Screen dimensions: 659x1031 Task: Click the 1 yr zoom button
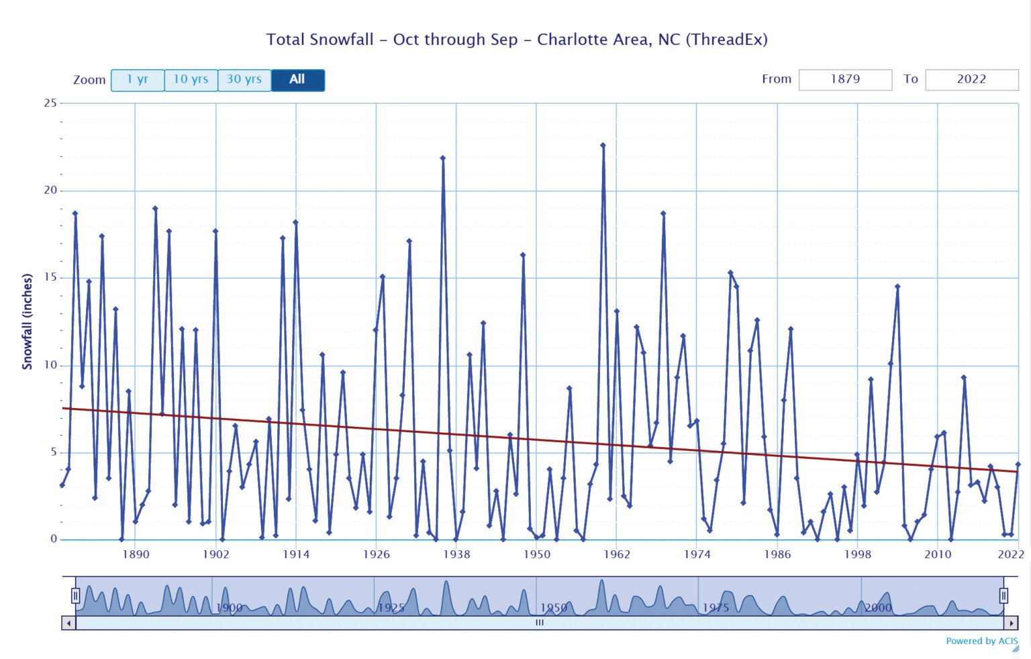(x=138, y=80)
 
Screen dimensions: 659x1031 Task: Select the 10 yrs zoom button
(x=191, y=80)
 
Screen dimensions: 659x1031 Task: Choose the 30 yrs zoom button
(x=244, y=80)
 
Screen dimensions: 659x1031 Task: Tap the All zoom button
(x=297, y=80)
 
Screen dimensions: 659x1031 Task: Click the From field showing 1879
(x=845, y=79)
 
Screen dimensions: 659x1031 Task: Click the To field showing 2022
(x=971, y=79)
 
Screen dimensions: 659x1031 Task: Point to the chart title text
(x=516, y=40)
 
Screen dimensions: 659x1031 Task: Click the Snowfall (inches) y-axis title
(x=28, y=321)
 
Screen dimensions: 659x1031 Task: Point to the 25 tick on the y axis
(x=50, y=103)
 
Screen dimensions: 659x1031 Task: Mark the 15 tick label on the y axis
(x=50, y=278)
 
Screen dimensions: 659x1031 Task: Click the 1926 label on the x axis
(x=376, y=554)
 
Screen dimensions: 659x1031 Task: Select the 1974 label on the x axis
(x=697, y=554)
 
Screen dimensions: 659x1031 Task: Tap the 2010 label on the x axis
(x=938, y=554)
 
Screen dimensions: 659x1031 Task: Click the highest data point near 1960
(x=603, y=145)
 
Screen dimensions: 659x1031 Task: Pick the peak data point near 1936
(x=442, y=158)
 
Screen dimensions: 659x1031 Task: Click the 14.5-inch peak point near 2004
(x=897, y=287)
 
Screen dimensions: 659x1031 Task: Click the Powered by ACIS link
(x=981, y=641)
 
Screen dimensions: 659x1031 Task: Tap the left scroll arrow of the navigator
(x=68, y=623)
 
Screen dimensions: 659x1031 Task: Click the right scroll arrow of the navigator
(x=1011, y=623)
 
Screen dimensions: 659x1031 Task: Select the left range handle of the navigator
(x=76, y=595)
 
